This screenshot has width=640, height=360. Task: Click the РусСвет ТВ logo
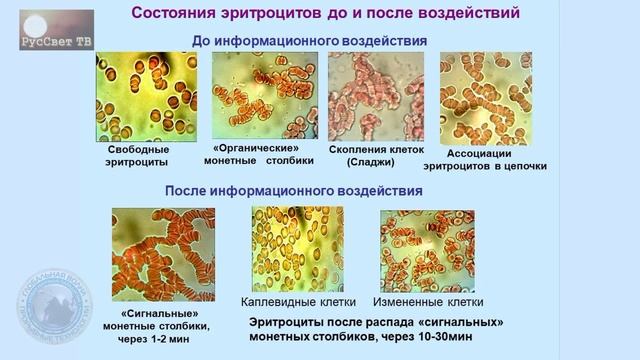click(56, 31)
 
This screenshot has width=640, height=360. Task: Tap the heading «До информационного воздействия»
click(309, 40)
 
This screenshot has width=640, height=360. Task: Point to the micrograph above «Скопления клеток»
click(371, 96)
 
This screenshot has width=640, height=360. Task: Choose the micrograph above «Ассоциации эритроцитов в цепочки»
click(485, 98)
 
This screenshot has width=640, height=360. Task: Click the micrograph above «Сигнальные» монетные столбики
click(163, 254)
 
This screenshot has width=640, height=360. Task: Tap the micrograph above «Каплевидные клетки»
click(297, 249)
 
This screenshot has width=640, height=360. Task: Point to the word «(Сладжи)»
click(371, 163)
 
